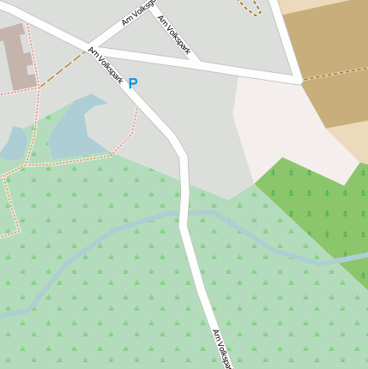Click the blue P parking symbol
(x=132, y=83)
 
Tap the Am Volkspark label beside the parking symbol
(x=106, y=65)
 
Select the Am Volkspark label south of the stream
(x=221, y=348)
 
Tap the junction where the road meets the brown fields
(x=299, y=81)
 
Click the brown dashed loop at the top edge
(x=249, y=9)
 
